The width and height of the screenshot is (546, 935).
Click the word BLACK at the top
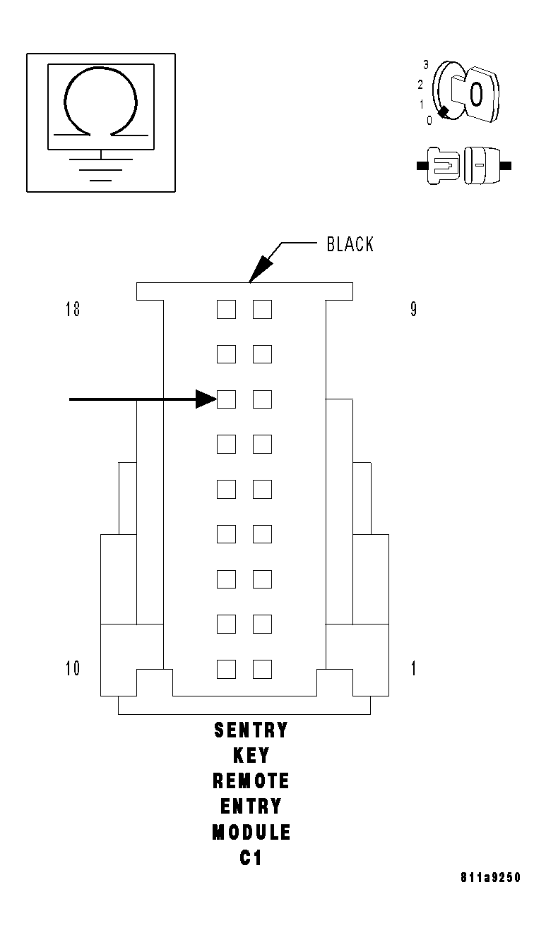(x=350, y=244)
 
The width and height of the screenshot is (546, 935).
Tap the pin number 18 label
(x=73, y=310)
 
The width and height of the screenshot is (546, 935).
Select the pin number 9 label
(x=414, y=310)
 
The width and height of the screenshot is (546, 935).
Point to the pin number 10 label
(x=73, y=668)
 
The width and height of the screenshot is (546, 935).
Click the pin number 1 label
(x=414, y=668)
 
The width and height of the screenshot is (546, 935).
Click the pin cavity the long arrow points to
(x=226, y=399)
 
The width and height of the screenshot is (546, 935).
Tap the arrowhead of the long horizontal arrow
(x=206, y=399)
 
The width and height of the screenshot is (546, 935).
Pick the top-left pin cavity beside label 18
(x=226, y=309)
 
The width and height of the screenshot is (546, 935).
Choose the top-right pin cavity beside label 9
(x=262, y=309)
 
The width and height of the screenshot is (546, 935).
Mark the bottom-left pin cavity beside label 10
(x=226, y=668)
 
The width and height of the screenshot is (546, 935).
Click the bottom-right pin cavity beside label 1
(x=262, y=668)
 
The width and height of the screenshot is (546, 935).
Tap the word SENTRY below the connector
(x=251, y=730)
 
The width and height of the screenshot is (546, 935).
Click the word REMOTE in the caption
(x=251, y=781)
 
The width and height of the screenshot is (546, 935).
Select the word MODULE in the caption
(x=251, y=833)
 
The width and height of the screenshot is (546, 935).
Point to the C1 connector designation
(x=251, y=859)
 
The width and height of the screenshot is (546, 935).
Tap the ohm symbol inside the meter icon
(x=100, y=102)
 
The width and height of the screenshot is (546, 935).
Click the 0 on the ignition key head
(x=476, y=93)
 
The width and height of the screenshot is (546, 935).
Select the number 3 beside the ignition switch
(x=426, y=65)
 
